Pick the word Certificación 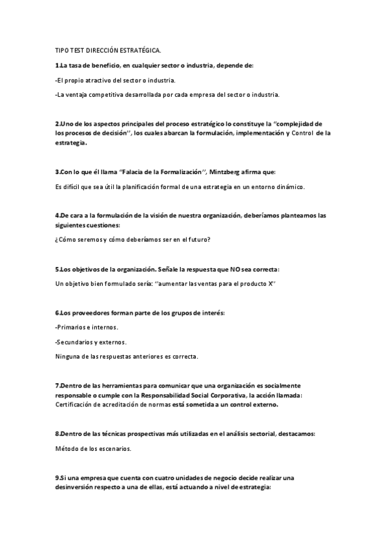click(x=78, y=404)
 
